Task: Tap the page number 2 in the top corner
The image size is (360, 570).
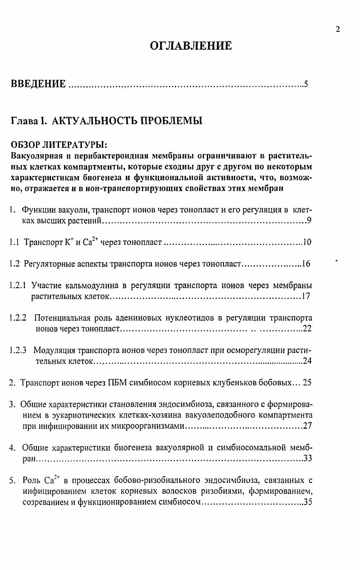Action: (337, 29)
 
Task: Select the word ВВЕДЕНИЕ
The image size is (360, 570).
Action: (38, 84)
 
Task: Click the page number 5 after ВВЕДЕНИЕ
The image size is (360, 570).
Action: (306, 84)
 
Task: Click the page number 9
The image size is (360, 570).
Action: (309, 221)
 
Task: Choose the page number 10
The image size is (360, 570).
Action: (307, 242)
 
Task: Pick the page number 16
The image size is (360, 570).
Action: (306, 264)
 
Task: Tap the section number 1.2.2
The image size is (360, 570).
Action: (18, 318)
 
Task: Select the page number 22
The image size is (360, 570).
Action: (307, 329)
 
